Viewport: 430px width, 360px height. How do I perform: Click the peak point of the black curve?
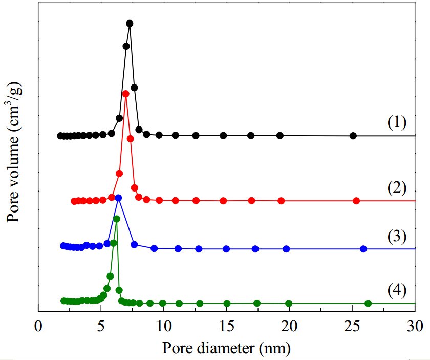(x=130, y=24)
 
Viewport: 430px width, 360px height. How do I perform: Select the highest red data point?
(x=125, y=94)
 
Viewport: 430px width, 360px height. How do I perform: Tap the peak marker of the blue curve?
(x=118, y=198)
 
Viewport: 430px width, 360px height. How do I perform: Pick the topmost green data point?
(x=117, y=219)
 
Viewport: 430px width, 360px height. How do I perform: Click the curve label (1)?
(x=397, y=122)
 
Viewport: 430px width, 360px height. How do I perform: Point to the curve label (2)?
(x=397, y=188)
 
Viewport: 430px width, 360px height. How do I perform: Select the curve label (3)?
(x=397, y=237)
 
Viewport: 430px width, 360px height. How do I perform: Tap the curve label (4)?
(x=397, y=290)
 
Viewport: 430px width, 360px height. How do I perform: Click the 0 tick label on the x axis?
(x=38, y=326)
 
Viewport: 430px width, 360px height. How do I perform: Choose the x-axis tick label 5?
(x=101, y=326)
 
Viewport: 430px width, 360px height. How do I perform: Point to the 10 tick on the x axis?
(x=164, y=326)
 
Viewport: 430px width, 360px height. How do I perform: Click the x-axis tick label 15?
(x=227, y=326)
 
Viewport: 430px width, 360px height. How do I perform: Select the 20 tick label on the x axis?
(x=289, y=326)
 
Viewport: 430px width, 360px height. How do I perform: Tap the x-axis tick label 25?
(x=352, y=326)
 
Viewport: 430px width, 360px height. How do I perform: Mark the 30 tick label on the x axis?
(x=415, y=326)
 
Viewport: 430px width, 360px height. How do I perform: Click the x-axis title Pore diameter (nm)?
(x=226, y=348)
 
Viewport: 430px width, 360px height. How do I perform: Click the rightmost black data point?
(x=353, y=136)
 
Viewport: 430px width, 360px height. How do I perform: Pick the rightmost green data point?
(x=368, y=304)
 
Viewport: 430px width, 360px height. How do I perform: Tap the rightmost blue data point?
(x=363, y=249)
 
